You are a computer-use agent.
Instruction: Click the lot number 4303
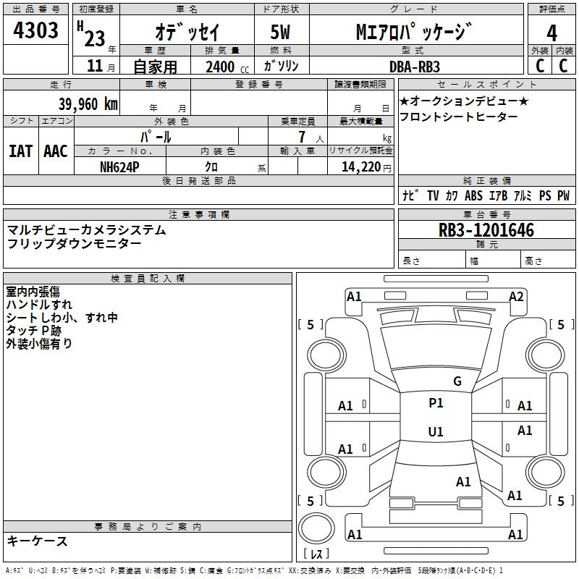click(35, 30)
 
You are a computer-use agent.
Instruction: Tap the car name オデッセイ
click(187, 32)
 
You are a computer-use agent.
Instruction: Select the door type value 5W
click(280, 32)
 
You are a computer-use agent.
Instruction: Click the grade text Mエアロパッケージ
click(414, 31)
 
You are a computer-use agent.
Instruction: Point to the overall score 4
click(551, 33)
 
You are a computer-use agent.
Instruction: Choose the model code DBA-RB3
click(415, 67)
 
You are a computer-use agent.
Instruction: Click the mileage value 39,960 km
click(88, 103)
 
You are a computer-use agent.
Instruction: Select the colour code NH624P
click(119, 167)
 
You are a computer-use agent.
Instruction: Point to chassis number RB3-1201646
click(486, 230)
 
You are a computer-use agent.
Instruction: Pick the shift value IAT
click(20, 151)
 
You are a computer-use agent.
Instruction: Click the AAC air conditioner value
click(56, 151)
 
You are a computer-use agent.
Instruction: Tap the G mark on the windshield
click(457, 381)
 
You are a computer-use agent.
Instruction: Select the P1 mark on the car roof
click(436, 403)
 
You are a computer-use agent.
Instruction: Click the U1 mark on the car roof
click(436, 431)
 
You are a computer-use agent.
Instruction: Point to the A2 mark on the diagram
click(516, 297)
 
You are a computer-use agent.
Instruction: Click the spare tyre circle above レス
click(316, 528)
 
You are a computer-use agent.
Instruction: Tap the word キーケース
click(38, 541)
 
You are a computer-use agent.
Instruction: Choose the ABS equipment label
click(473, 195)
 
